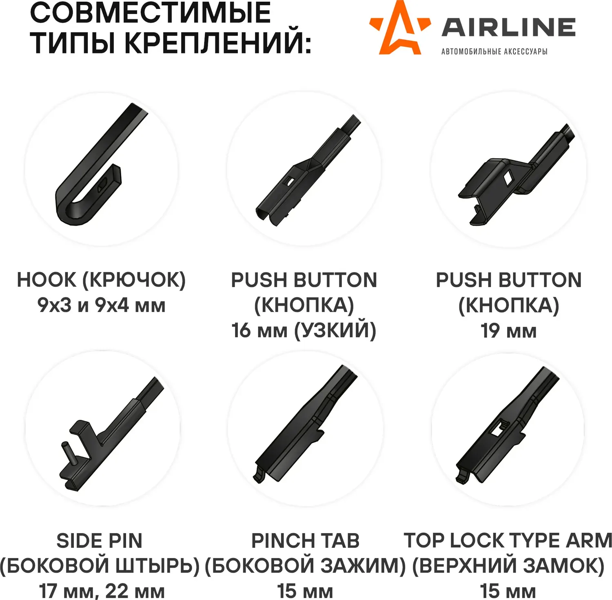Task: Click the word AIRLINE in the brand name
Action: coord(509,27)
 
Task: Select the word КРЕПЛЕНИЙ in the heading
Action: coord(218,42)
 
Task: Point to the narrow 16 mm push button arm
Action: coord(308,170)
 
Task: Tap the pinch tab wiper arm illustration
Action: coord(305,424)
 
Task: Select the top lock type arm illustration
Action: coord(507,425)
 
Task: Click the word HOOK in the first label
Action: coord(47,280)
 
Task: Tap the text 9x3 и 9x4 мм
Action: coord(102,305)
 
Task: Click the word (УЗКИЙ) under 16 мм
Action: coord(335,330)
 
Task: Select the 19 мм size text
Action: coord(508,330)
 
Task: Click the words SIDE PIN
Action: coord(100,541)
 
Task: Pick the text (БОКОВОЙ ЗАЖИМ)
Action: coord(305,566)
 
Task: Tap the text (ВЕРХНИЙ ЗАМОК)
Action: coord(508,566)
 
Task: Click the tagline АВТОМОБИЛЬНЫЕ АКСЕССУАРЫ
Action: coord(494,51)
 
